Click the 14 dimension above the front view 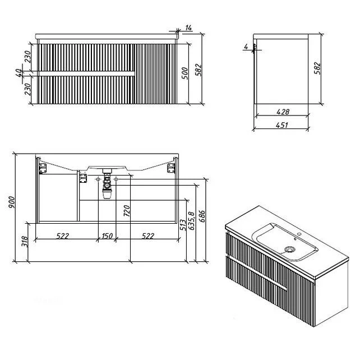point(188,28)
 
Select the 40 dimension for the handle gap point(20,73)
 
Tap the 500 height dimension point(185,73)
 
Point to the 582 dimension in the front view point(199,70)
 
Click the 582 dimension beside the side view point(317,68)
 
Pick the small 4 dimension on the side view point(246,47)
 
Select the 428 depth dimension point(283,112)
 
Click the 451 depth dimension point(281,125)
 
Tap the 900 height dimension point(11,202)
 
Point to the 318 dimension point(25,242)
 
